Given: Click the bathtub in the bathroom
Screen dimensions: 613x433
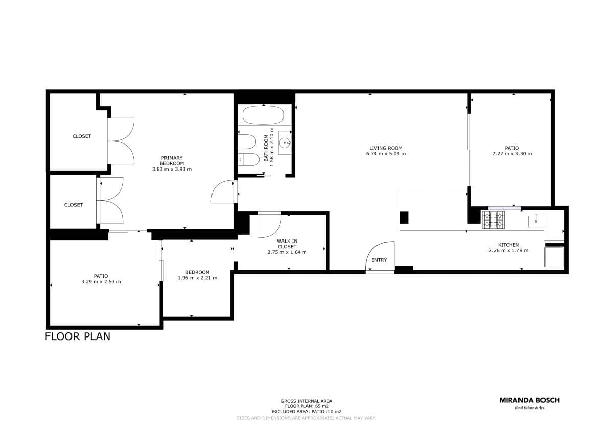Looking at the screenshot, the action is (263, 115).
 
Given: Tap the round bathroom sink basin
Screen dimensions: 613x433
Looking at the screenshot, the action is (285, 142).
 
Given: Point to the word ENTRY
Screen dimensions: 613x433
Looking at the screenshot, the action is (379, 260).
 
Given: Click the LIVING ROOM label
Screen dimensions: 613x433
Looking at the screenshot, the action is (386, 148).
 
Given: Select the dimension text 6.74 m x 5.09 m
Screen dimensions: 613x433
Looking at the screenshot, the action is (386, 154).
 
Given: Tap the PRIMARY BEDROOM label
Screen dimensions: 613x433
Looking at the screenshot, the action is (172, 160).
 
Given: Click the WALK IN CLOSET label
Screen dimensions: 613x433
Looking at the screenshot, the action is (287, 244).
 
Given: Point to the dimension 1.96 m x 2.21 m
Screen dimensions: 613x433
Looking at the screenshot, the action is (198, 278).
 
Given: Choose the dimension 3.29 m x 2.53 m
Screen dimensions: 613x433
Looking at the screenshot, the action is (101, 282).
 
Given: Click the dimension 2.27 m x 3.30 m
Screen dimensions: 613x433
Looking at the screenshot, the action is (512, 154).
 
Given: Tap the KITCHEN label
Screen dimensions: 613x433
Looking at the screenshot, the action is (508, 245).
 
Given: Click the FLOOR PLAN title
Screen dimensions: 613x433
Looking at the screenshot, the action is (78, 336).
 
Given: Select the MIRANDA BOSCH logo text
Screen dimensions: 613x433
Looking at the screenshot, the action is (530, 400).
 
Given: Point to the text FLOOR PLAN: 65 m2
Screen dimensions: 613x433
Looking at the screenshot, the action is (307, 406).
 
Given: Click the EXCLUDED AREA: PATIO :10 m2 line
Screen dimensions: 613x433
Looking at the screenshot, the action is (307, 412).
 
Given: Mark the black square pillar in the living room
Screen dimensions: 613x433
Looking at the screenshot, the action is (404, 218).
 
